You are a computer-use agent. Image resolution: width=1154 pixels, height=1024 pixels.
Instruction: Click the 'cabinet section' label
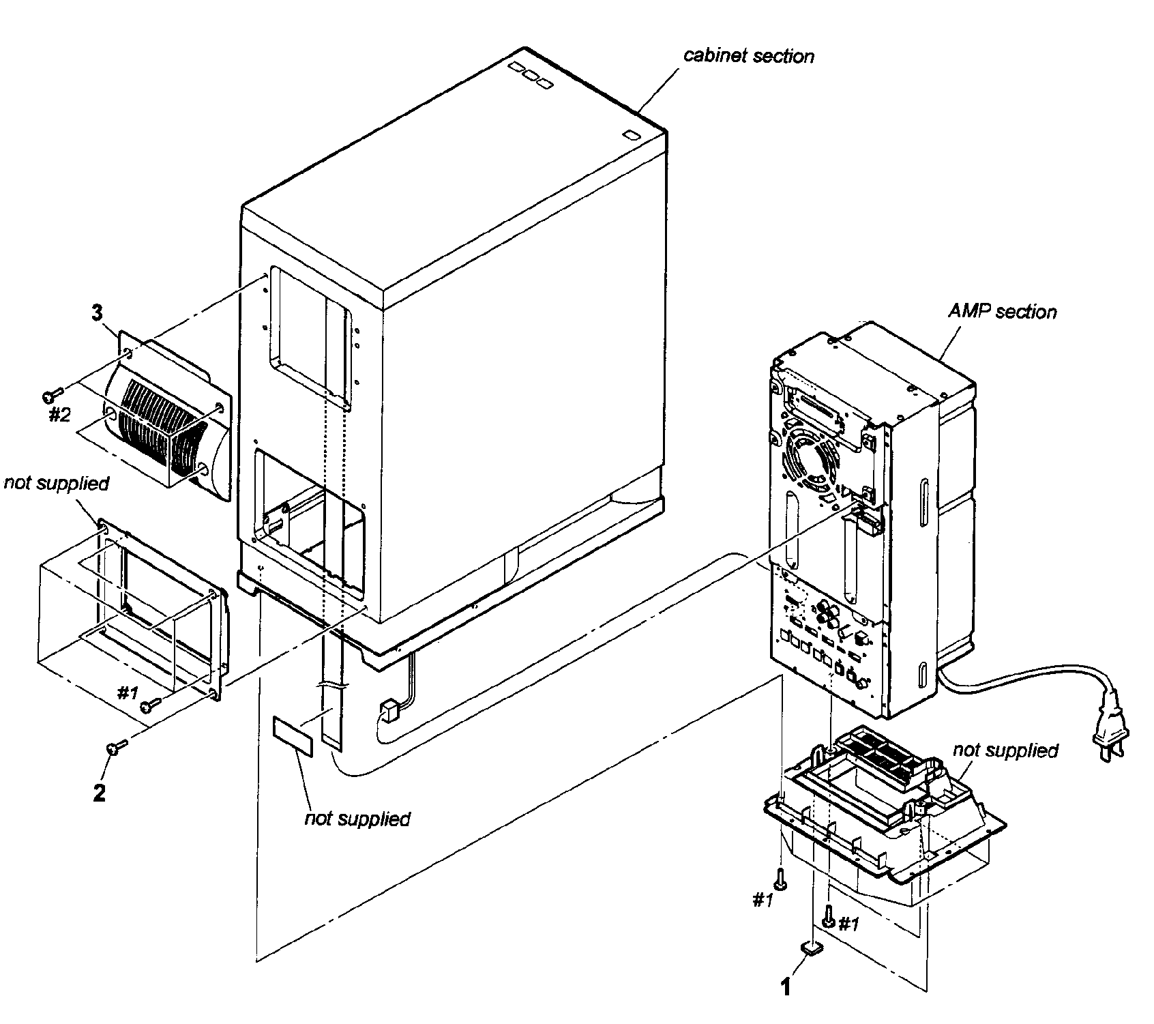748,55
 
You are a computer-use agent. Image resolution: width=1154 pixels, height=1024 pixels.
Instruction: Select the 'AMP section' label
1002,312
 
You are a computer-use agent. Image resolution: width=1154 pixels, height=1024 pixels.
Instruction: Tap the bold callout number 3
97,313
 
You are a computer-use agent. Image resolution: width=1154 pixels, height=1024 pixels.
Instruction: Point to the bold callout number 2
100,793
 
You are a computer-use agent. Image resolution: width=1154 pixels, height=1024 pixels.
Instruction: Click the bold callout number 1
785,986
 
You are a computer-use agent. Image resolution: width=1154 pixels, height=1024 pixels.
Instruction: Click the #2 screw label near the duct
59,414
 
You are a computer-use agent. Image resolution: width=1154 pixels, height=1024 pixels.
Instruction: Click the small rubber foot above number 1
811,946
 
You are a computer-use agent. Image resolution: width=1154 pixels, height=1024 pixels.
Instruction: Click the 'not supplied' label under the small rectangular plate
357,818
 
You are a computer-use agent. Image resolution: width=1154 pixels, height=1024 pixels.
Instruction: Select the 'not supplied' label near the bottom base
1005,750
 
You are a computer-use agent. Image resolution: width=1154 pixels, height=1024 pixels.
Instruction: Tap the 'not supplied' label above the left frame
56,483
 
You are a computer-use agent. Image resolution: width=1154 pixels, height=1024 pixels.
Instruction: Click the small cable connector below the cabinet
387,711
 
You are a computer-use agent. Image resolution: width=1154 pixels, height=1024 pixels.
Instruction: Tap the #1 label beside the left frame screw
127,693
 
